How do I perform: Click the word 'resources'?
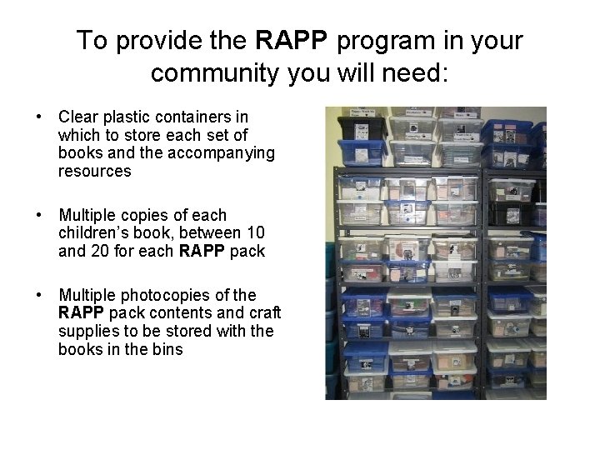tap(94, 172)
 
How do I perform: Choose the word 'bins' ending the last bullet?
tap(167, 350)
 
